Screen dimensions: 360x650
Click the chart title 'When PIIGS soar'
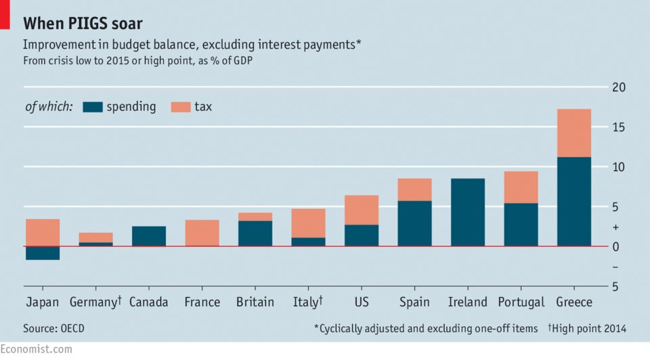pyautogui.click(x=83, y=24)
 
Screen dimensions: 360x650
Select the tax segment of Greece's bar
pyautogui.click(x=573, y=133)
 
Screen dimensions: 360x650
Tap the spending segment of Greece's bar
pyautogui.click(x=573, y=201)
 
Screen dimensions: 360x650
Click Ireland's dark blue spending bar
pyautogui.click(x=467, y=212)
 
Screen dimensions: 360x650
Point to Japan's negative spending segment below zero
pyautogui.click(x=42, y=252)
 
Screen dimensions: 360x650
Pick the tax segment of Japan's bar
pyautogui.click(x=42, y=232)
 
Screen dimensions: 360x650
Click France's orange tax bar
pyautogui.click(x=202, y=233)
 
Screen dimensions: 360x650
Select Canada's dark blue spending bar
pyautogui.click(x=148, y=235)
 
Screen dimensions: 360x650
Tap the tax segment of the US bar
pyautogui.click(x=361, y=210)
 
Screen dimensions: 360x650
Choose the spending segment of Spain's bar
pyautogui.click(x=414, y=223)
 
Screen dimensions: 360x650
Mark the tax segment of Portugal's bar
pyautogui.click(x=521, y=187)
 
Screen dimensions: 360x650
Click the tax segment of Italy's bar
pyautogui.click(x=308, y=223)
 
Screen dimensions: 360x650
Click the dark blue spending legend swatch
pyautogui.click(x=92, y=107)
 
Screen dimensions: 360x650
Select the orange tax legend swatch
pyautogui.click(x=180, y=107)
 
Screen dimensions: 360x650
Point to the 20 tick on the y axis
pyautogui.click(x=618, y=87)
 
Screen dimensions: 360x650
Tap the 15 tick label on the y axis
pyautogui.click(x=618, y=127)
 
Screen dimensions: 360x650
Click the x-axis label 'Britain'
pyautogui.click(x=255, y=302)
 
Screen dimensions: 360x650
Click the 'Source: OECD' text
pyautogui.click(x=54, y=328)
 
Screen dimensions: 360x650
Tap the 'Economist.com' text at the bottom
pyautogui.click(x=36, y=349)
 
